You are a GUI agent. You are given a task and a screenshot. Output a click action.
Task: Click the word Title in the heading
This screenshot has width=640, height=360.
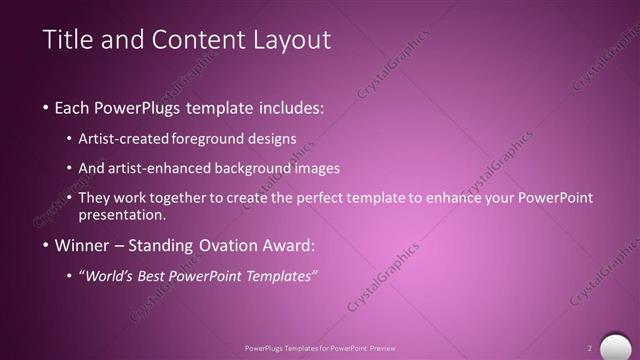click(68, 40)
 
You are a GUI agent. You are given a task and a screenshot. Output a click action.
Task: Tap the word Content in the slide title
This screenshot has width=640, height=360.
click(192, 40)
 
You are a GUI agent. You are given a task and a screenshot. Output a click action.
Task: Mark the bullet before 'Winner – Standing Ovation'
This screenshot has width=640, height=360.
click(47, 245)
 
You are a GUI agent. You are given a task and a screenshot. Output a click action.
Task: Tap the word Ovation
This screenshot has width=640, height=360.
click(214, 245)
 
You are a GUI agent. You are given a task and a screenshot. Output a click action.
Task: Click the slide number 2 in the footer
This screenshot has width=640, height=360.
click(590, 347)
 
